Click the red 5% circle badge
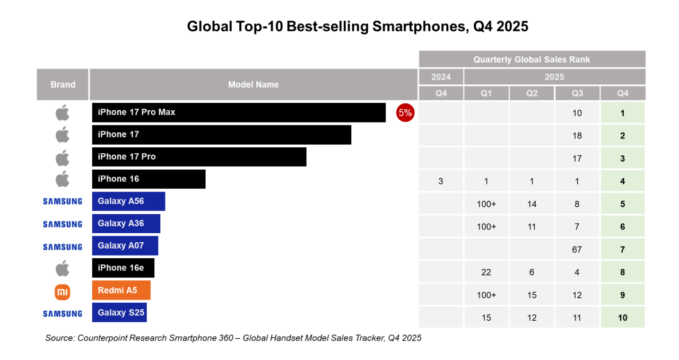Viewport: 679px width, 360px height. [405, 112]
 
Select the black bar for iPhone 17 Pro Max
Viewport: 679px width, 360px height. [239, 112]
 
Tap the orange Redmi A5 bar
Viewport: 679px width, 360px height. [121, 290]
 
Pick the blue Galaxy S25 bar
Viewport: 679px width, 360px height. [119, 312]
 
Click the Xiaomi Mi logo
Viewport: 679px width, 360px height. [63, 291]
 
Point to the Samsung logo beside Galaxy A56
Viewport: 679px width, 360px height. [63, 201]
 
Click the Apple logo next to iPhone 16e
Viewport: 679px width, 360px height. [63, 268]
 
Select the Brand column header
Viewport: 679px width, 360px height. [63, 84]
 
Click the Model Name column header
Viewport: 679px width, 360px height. [253, 84]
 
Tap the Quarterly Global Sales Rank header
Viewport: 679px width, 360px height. [532, 59]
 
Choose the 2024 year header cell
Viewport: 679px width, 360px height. [441, 77]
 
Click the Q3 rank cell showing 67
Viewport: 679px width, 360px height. [577, 250]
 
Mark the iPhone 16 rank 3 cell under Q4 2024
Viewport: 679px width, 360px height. [441, 181]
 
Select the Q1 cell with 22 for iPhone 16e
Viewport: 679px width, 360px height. [486, 273]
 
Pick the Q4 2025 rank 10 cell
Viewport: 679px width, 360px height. [622, 318]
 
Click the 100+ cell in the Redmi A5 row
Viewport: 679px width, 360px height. [486, 295]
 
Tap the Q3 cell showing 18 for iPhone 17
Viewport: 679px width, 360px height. [577, 136]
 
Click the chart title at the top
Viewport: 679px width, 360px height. [358, 27]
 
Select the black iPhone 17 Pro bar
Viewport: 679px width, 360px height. [199, 157]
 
